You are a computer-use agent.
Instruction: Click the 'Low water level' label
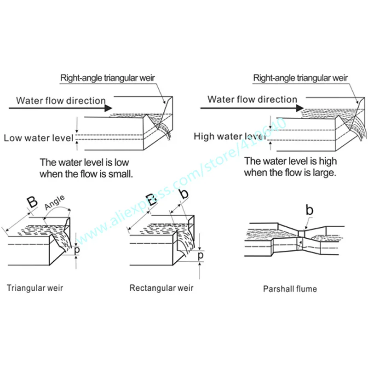[38, 138]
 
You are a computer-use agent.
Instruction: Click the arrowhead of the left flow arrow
[109, 108]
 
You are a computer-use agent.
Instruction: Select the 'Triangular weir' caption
[35, 288]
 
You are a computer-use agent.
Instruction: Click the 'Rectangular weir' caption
[161, 288]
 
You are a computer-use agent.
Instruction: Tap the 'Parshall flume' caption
[290, 289]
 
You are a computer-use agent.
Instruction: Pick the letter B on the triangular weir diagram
[31, 203]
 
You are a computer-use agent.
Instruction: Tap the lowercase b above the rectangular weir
[184, 195]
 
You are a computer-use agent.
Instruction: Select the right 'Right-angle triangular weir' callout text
[300, 78]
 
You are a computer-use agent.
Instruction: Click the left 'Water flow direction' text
[61, 101]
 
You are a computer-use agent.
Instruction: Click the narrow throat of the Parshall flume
[301, 234]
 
